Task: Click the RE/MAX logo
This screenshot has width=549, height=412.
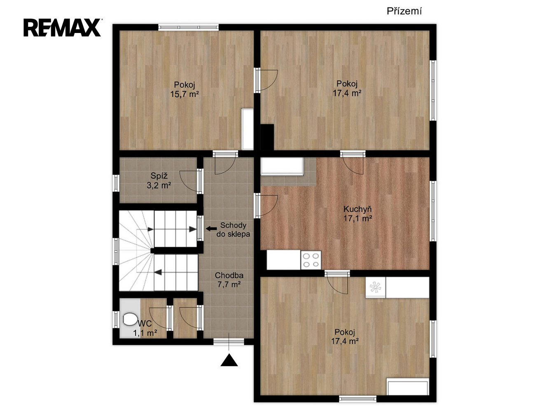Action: pyautogui.click(x=62, y=28)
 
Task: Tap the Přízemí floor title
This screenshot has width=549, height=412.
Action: pyautogui.click(x=404, y=11)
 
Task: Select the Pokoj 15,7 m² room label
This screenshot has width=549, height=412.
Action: pyautogui.click(x=185, y=89)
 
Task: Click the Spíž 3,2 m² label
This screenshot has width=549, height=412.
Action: pyautogui.click(x=159, y=180)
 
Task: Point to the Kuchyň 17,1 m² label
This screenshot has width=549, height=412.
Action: pyautogui.click(x=357, y=214)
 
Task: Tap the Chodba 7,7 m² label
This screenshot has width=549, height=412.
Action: pyautogui.click(x=229, y=280)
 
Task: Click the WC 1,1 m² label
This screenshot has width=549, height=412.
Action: pyautogui.click(x=145, y=328)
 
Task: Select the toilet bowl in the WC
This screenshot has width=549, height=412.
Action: pyautogui.click(x=129, y=319)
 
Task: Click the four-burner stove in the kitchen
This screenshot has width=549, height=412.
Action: pyautogui.click(x=311, y=260)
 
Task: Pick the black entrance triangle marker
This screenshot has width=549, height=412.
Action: pyautogui.click(x=229, y=360)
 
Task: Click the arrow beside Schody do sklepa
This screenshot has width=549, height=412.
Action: pyautogui.click(x=211, y=228)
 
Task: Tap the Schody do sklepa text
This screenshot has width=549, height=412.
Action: pyautogui.click(x=233, y=229)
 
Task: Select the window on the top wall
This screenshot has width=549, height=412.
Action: pyautogui.click(x=189, y=27)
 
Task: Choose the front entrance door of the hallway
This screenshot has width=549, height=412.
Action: pyautogui.click(x=229, y=342)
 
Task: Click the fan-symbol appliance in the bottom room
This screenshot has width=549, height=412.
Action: pyautogui.click(x=376, y=287)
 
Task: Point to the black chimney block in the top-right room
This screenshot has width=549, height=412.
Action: pyautogui.click(x=267, y=137)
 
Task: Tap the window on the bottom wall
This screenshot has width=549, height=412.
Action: pyautogui.click(x=357, y=398)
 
